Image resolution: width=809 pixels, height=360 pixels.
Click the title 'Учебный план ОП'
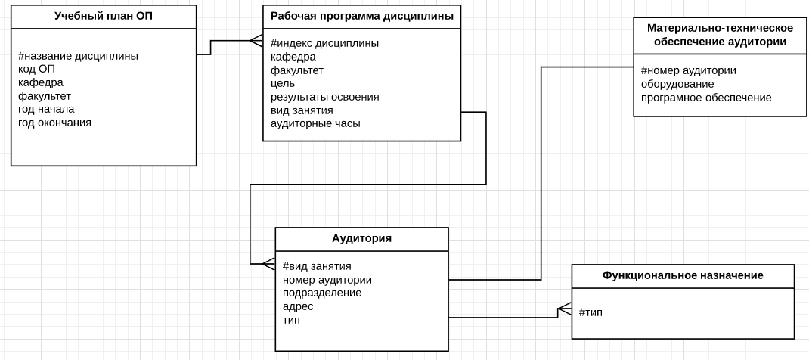(104, 16)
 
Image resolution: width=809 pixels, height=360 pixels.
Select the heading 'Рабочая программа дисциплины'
(361, 16)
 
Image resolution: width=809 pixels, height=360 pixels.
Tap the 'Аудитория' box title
(361, 238)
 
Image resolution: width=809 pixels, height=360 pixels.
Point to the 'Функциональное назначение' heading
(683, 275)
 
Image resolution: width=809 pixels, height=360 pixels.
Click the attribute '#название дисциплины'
(78, 56)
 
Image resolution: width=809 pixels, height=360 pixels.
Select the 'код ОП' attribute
(36, 69)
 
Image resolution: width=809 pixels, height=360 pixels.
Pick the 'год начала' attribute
(46, 109)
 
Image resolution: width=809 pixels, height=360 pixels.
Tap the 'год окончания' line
(54, 123)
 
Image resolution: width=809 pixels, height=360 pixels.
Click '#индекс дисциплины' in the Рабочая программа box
(324, 43)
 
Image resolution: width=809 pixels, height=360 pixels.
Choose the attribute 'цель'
(283, 83)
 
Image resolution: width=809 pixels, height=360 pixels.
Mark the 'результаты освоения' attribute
(324, 97)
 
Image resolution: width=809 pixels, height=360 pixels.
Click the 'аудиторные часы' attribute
(315, 123)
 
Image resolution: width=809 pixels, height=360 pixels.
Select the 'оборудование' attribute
(677, 84)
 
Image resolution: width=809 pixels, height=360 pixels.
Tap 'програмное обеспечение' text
(706, 98)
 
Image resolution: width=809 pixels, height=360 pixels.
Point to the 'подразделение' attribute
(322, 293)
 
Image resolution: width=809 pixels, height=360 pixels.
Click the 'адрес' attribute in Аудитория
(298, 306)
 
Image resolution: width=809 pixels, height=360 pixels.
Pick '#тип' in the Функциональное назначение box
(590, 312)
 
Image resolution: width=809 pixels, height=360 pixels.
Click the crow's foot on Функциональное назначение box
(565, 309)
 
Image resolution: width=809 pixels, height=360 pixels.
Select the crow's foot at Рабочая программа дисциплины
(256, 41)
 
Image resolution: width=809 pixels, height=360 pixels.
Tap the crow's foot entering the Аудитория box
(268, 264)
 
